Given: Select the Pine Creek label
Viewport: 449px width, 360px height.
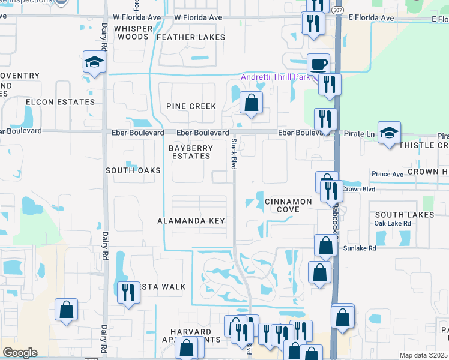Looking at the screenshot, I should [191, 106].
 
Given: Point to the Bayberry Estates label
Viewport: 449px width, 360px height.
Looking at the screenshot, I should [189, 152].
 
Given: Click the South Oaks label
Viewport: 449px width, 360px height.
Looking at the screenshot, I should [133, 170].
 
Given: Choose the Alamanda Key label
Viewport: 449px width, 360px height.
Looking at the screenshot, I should [191, 221].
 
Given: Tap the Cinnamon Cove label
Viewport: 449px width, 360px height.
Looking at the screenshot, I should [288, 206].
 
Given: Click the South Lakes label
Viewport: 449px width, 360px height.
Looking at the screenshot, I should [404, 215].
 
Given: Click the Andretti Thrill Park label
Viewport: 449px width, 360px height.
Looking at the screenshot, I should [276, 77].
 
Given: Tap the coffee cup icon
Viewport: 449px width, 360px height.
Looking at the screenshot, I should [318, 64].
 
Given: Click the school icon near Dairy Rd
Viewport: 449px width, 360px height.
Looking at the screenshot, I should [94, 62].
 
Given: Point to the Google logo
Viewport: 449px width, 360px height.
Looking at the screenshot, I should [20, 353].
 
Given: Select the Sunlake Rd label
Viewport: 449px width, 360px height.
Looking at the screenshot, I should [360, 248].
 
